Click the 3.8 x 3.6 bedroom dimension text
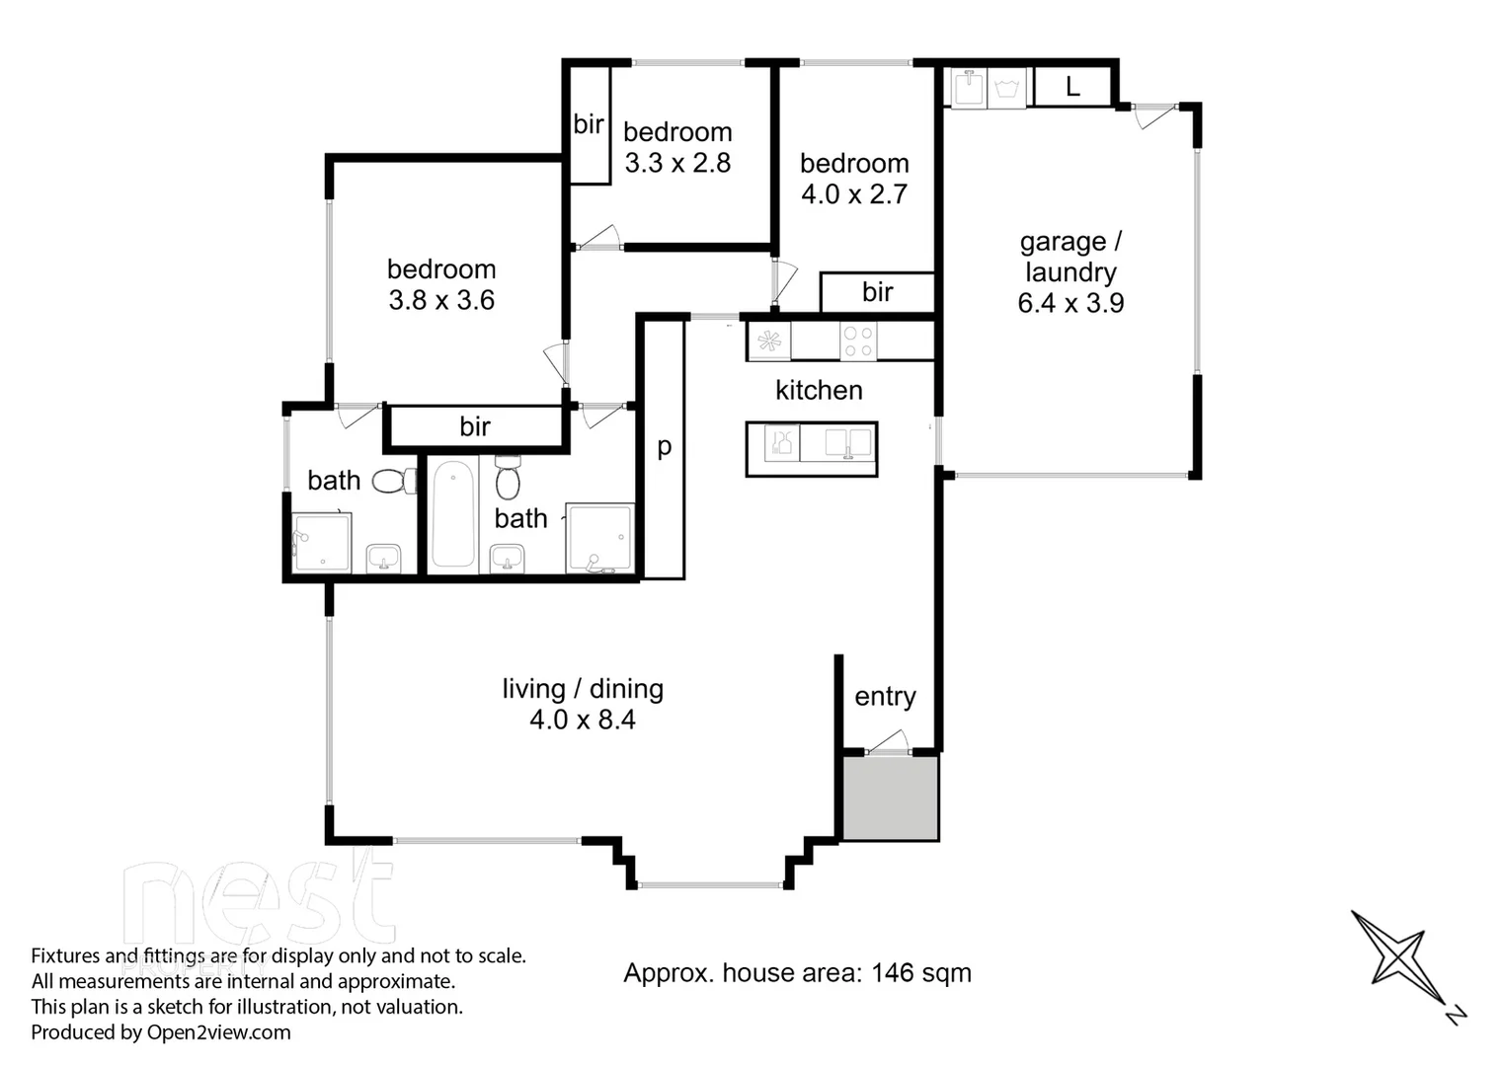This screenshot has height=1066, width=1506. [441, 301]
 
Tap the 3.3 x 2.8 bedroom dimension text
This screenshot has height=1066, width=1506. [677, 164]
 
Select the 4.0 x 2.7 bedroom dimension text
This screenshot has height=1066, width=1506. [854, 194]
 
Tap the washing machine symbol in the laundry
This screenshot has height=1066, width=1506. [1007, 88]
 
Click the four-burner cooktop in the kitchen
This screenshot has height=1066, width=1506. [858, 342]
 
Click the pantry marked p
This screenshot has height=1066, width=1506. [665, 447]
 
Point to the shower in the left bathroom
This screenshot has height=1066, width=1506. [321, 543]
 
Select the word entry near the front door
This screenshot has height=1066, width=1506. [885, 697]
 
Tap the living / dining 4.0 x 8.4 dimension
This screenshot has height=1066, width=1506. [583, 721]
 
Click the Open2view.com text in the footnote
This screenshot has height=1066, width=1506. [219, 1032]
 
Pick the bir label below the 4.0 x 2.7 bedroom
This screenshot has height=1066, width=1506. [877, 292]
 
